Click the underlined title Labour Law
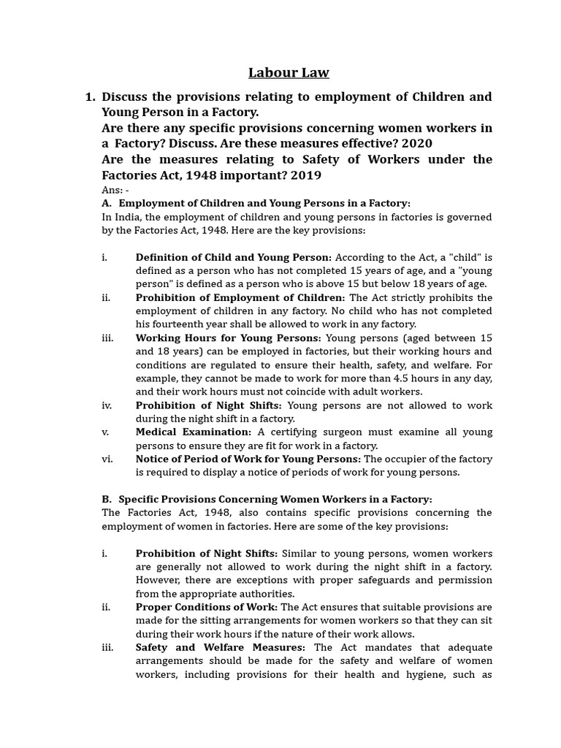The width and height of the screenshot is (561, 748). click(x=289, y=72)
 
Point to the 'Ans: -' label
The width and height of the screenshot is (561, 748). click(x=115, y=190)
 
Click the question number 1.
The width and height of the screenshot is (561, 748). click(x=90, y=96)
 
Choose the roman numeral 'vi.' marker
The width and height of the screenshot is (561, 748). click(x=107, y=459)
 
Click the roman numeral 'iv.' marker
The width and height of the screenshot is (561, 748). click(x=107, y=405)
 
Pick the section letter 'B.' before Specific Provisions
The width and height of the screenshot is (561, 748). click(x=107, y=499)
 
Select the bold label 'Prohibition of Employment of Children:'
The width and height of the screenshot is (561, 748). click(x=240, y=297)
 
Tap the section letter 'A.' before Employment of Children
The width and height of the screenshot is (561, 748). click(x=107, y=203)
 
